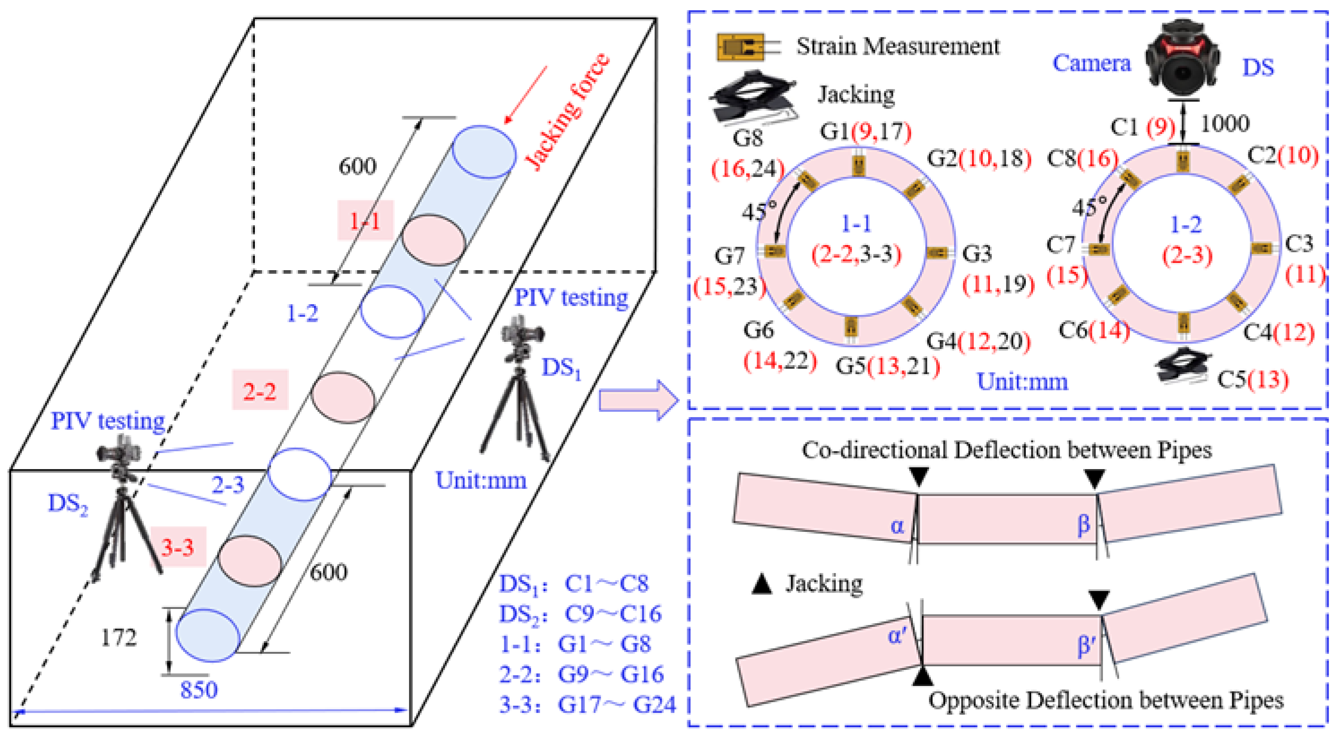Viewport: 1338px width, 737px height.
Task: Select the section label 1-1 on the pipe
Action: point(365,221)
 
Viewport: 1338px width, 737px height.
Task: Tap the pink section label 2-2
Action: point(260,390)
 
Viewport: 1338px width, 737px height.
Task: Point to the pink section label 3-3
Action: point(178,547)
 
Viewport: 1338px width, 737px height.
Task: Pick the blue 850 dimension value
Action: point(199,690)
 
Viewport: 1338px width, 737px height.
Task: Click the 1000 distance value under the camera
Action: point(1225,124)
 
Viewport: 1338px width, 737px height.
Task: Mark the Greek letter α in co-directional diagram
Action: point(897,526)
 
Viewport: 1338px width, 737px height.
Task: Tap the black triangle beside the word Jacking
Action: point(762,584)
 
